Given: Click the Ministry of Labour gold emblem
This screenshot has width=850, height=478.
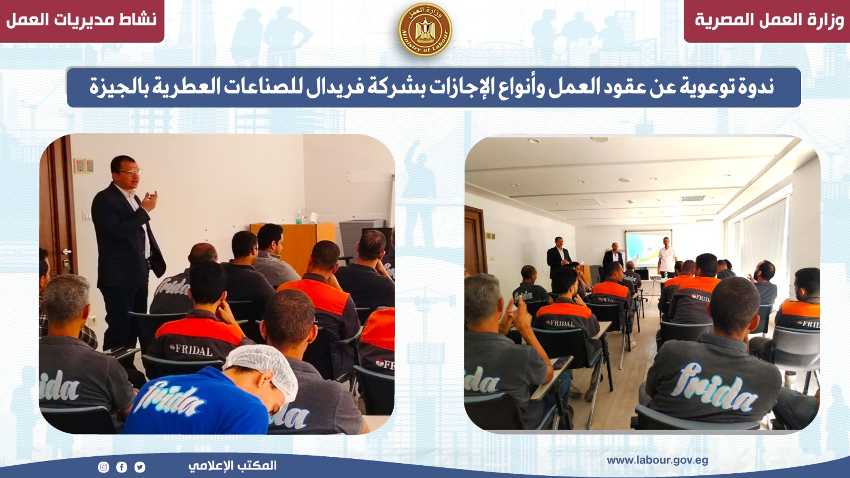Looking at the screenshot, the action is click(x=425, y=30).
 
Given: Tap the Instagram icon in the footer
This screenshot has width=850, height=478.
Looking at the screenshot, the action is click(x=104, y=467).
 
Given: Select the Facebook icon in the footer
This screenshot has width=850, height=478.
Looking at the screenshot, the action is click(x=122, y=467).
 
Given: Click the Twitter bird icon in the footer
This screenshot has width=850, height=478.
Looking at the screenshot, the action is click(x=140, y=467).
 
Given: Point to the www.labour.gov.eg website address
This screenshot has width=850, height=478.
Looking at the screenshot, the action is click(x=657, y=460).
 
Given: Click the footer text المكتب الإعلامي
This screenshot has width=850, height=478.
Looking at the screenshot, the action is click(x=233, y=465).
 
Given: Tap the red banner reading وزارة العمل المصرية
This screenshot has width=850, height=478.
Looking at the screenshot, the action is click(x=767, y=21).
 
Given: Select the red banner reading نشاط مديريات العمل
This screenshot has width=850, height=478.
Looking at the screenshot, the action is click(x=82, y=21).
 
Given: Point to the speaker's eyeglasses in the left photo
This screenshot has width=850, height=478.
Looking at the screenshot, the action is click(x=130, y=172).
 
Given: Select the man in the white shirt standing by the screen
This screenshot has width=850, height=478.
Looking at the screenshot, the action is click(x=667, y=258).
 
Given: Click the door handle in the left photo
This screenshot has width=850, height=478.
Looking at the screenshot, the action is click(x=67, y=252).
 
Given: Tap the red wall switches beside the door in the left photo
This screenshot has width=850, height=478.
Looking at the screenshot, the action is click(x=84, y=166).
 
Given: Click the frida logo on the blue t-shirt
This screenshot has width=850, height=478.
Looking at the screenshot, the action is click(x=173, y=398).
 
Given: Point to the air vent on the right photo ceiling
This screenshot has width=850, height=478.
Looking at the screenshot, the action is click(x=693, y=198).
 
